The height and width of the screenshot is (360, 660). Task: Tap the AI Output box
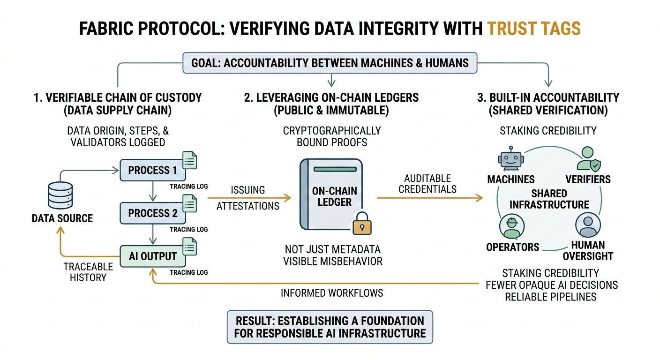[x=152, y=256]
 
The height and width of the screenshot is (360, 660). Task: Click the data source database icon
[x=60, y=195]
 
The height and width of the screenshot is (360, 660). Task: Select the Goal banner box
[x=330, y=63]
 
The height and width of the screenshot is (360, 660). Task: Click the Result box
[x=330, y=327]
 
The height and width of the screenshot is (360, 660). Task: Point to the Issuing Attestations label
[x=248, y=198]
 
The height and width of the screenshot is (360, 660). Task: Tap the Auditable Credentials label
[x=427, y=184]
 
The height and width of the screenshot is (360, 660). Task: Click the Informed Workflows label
[x=332, y=293]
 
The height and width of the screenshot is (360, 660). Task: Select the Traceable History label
[x=88, y=271]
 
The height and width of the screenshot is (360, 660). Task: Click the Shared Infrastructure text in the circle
[x=549, y=199]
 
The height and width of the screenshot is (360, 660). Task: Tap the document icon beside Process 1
[x=189, y=160]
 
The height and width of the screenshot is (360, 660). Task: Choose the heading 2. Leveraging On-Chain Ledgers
[x=331, y=98]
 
